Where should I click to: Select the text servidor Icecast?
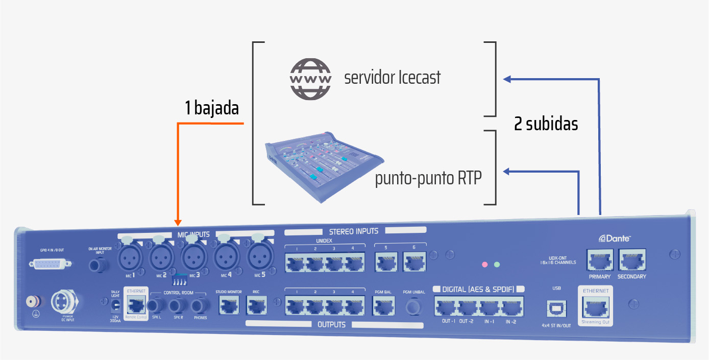392,78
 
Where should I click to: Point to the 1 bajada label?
212,108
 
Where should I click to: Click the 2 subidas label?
546,124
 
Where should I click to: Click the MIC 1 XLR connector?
131,255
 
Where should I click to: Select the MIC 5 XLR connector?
260,255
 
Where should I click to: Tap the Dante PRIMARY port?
599,260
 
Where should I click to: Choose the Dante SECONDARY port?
631,260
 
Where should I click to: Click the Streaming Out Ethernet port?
595,307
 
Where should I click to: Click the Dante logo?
615,238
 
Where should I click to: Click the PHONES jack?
201,306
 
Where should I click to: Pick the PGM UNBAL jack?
414,307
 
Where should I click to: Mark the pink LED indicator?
485,265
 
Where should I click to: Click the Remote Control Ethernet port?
135,305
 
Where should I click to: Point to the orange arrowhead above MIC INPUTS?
178,222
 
